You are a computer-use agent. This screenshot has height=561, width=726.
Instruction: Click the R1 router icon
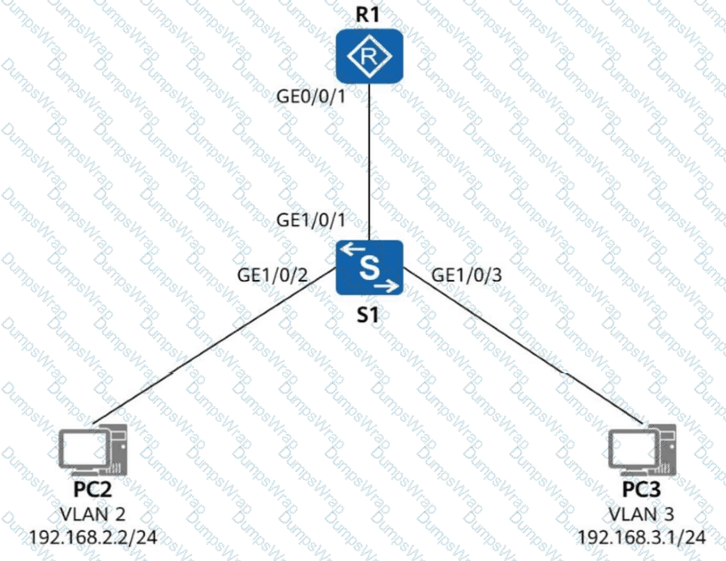tap(370, 56)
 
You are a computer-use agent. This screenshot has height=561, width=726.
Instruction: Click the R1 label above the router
tap(370, 14)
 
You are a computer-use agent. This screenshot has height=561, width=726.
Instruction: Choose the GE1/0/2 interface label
tap(271, 274)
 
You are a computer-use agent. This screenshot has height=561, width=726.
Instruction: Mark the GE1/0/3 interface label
tap(468, 274)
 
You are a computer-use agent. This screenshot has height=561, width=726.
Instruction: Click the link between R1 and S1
tap(370, 162)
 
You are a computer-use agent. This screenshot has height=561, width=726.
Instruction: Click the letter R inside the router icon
tap(370, 56)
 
